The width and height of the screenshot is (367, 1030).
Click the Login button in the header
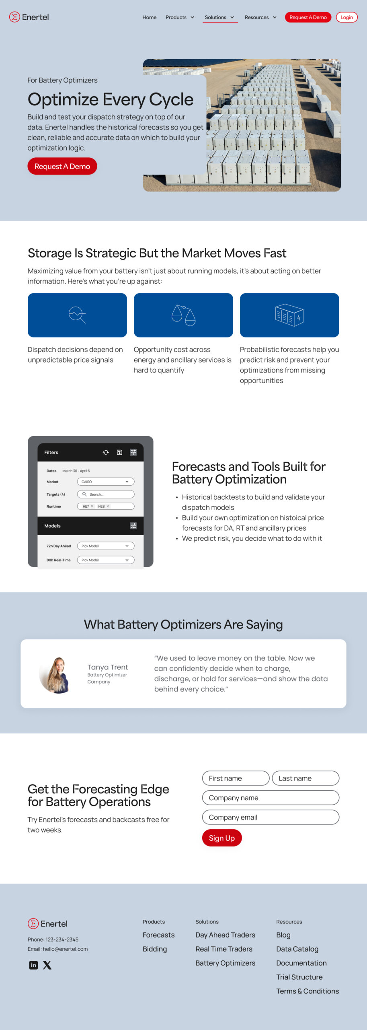coord(346,17)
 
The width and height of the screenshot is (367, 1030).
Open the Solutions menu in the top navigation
coord(219,17)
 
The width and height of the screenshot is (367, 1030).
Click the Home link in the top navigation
coord(149,17)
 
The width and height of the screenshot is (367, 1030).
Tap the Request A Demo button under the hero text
coord(62,166)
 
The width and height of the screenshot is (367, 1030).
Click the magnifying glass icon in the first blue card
coord(77,315)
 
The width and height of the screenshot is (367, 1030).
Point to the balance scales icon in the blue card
coord(183,315)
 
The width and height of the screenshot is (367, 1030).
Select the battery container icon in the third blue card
coord(289,315)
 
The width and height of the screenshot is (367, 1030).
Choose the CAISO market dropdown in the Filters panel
coord(106,482)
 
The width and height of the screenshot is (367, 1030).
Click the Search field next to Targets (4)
coord(106,494)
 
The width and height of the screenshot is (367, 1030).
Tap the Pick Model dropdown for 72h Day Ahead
coord(106,546)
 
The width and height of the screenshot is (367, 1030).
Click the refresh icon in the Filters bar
coord(106,452)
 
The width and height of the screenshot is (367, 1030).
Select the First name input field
coord(236,778)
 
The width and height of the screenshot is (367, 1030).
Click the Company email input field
coord(271,817)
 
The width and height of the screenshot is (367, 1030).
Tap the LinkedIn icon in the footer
coord(34,965)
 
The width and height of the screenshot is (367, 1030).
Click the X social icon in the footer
coord(47,965)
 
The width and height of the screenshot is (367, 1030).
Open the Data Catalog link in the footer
coord(297,949)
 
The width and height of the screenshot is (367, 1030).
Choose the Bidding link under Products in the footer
coord(155,949)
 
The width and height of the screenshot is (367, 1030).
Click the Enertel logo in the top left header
coord(29,17)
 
